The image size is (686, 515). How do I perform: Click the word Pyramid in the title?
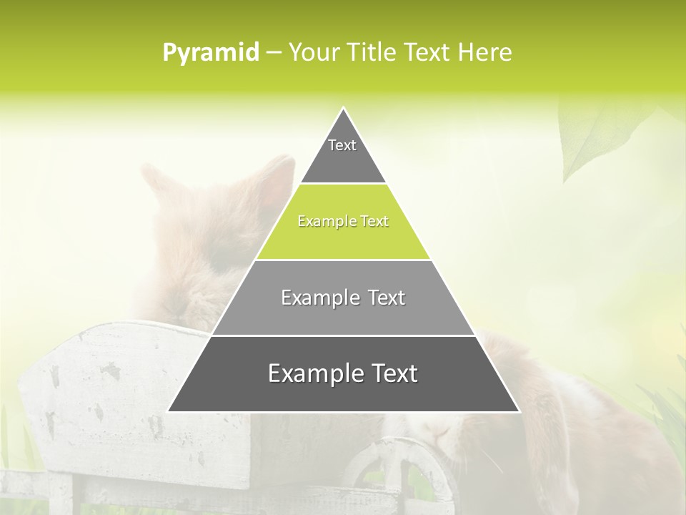211,53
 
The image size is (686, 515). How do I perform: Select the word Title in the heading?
371,53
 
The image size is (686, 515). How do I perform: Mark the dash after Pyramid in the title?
274,53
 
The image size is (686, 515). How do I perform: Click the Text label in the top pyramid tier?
342,145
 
